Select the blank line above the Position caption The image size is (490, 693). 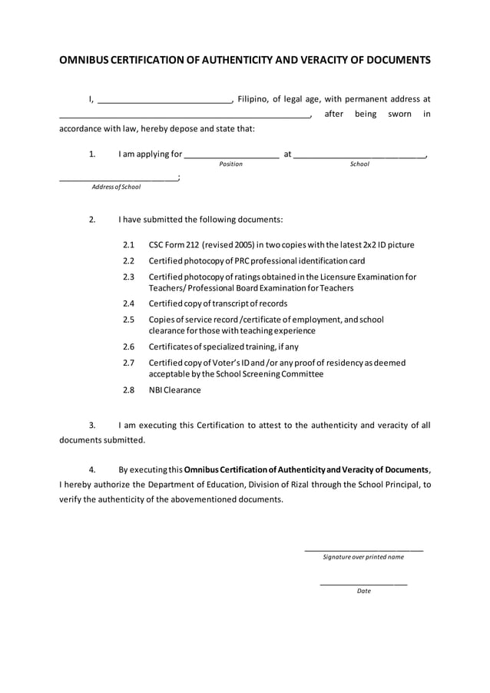click(231, 157)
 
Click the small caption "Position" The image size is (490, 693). click(230, 164)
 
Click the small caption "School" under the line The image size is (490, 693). click(359, 164)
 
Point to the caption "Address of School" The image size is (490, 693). click(116, 187)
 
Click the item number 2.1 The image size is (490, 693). click(128, 245)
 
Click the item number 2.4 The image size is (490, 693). click(128, 303)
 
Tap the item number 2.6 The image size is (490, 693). click(128, 346)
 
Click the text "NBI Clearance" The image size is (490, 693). click(174, 390)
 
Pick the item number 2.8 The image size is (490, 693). click(128, 390)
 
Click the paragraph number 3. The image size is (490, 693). click(92, 425)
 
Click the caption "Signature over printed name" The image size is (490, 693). click(363, 557)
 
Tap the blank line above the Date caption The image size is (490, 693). click(363, 585)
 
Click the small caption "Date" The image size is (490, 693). click(363, 591)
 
